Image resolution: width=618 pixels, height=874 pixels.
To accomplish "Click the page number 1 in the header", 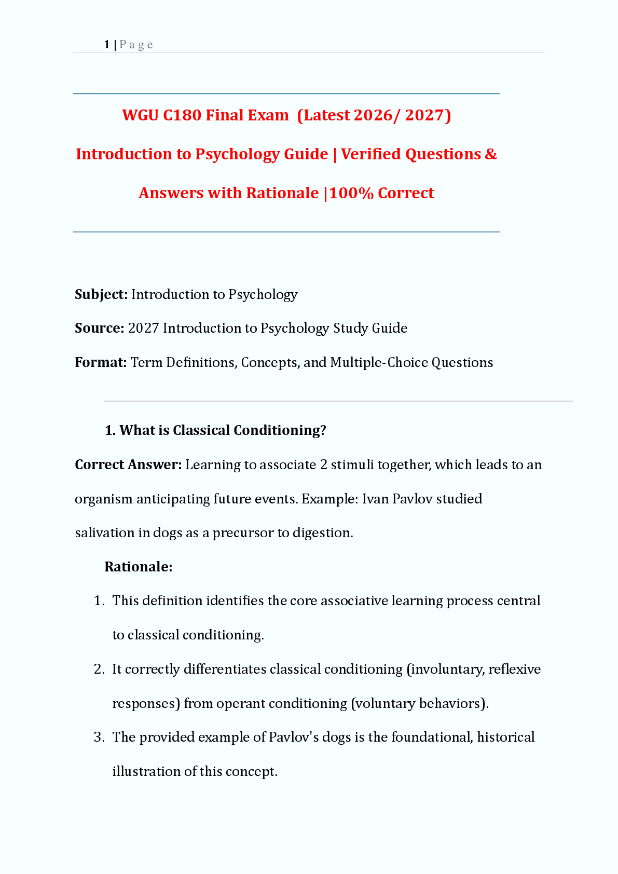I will click(106, 45).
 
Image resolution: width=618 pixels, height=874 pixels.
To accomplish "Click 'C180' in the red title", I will click(182, 115).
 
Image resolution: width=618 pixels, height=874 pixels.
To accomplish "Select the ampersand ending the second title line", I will click(491, 154).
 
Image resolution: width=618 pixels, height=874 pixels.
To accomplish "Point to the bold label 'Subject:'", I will click(101, 294).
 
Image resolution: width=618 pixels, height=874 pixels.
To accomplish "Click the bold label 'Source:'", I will click(99, 328).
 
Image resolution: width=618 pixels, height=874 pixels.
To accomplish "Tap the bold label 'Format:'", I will click(101, 362).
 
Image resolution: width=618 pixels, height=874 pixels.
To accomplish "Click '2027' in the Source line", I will click(143, 328).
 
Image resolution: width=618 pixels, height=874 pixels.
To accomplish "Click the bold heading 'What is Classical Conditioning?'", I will click(223, 430).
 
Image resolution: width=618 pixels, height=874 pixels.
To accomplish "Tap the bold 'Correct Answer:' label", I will click(128, 465).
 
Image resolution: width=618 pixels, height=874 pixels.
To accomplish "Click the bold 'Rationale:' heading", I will click(139, 567).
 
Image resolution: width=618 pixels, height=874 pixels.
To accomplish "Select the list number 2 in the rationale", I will click(99, 669).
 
